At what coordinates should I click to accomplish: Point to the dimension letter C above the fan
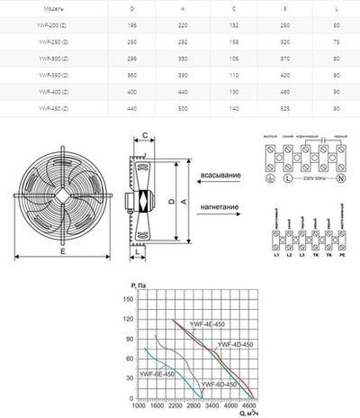coord(144,137)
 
